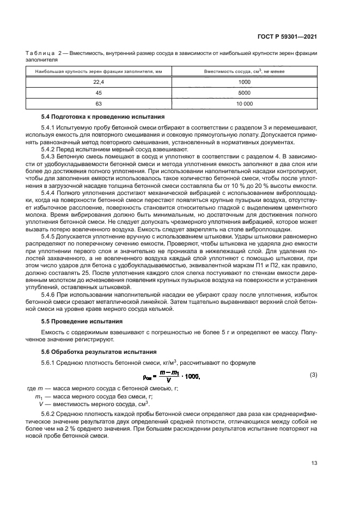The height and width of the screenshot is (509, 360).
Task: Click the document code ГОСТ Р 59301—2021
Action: (x=289, y=36)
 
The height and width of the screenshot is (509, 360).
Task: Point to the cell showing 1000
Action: (x=244, y=82)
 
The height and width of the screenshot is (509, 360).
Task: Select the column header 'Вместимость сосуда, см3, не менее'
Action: (x=244, y=71)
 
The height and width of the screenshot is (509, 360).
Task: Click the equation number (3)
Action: (x=313, y=375)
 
